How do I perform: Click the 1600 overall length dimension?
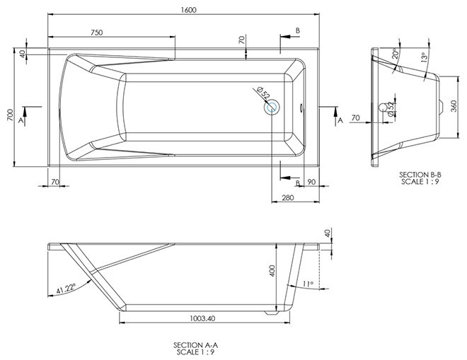click(x=188, y=10)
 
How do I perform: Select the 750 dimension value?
click(x=96, y=32)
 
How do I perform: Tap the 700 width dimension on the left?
click(x=10, y=115)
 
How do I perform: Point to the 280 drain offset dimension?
click(x=288, y=197)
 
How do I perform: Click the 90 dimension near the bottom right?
click(x=311, y=182)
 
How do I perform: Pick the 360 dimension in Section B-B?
click(x=454, y=106)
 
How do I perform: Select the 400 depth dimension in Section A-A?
click(x=272, y=271)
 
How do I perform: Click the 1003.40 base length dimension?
click(x=202, y=318)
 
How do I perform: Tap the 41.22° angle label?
click(x=66, y=289)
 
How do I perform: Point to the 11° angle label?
click(x=308, y=284)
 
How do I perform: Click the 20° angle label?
click(x=396, y=53)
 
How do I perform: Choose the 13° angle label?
click(x=424, y=57)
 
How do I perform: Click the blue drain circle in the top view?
click(x=272, y=108)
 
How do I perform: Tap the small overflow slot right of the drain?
click(x=301, y=108)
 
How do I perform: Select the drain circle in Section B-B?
click(x=383, y=108)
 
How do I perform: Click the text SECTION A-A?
click(x=195, y=345)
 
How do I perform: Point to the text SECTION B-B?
click(x=420, y=175)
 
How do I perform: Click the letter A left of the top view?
click(x=21, y=120)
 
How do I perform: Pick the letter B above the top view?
click(x=297, y=30)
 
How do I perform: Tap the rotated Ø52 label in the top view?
click(x=263, y=93)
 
